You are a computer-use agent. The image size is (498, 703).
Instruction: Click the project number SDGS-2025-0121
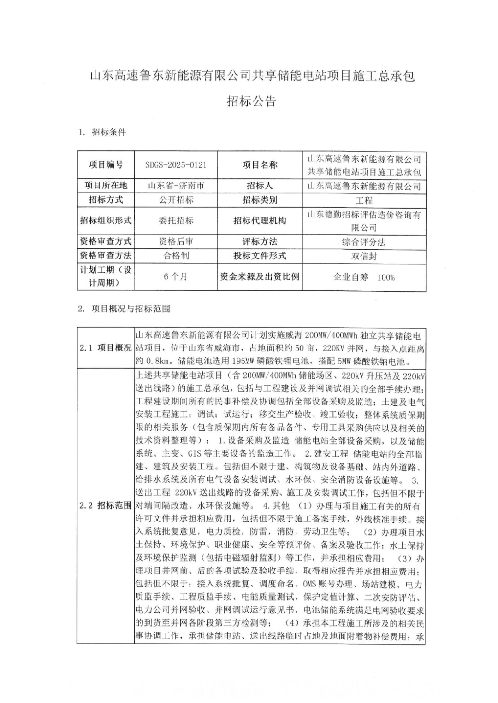[x=176, y=165]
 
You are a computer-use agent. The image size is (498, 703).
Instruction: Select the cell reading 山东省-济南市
[x=176, y=186]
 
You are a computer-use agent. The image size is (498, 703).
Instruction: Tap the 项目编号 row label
[x=106, y=165]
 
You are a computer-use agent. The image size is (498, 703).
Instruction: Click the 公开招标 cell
[x=176, y=200]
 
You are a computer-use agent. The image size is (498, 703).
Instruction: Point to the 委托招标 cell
[x=176, y=221]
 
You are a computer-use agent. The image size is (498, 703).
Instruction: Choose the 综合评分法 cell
[x=364, y=242]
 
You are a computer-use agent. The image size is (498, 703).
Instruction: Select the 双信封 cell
[x=364, y=256]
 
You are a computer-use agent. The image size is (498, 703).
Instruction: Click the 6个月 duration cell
[x=176, y=276]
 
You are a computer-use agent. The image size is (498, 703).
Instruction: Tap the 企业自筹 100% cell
[x=364, y=277]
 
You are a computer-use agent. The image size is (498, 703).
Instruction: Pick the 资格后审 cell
[x=176, y=241]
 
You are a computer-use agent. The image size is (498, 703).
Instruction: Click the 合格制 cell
[x=176, y=256]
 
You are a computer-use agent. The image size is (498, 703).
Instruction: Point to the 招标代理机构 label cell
[x=260, y=221]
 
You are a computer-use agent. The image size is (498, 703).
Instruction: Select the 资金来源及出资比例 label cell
[x=260, y=276]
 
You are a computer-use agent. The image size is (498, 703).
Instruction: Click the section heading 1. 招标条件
[x=102, y=132]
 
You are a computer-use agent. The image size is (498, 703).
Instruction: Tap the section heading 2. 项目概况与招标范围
[x=124, y=309]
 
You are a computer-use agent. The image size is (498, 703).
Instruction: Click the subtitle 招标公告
[x=251, y=101]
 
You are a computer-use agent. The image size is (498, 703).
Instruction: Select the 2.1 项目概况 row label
[x=106, y=348]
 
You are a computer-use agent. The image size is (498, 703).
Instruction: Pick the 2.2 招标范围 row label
[x=106, y=505]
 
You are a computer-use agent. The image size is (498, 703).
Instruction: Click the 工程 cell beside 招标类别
[x=364, y=200]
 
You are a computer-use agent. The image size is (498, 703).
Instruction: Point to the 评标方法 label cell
[x=260, y=241]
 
